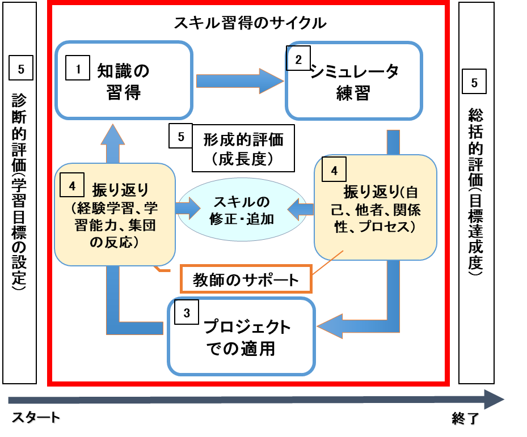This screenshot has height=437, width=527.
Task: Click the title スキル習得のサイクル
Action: [x=250, y=23]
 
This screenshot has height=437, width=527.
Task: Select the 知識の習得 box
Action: [x=124, y=80]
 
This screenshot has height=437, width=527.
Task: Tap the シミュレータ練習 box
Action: [x=354, y=80]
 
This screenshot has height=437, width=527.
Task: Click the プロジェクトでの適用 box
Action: [x=241, y=336]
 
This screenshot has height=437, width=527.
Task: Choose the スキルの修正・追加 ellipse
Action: [x=242, y=210]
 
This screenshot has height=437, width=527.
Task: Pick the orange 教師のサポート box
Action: [x=246, y=279]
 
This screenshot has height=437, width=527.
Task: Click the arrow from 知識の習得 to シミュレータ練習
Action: [x=240, y=81]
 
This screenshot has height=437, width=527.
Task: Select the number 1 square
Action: [x=78, y=68]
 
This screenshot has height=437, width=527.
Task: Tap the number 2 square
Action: [x=298, y=58]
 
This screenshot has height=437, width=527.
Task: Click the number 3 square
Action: [x=187, y=312]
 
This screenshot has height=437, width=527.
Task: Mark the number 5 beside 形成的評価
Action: [x=181, y=135]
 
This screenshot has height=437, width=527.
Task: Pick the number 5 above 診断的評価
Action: [x=21, y=68]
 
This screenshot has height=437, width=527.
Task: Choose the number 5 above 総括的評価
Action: [x=474, y=81]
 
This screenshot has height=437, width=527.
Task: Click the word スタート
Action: [x=36, y=418]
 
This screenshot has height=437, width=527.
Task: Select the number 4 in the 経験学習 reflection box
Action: [x=72, y=185]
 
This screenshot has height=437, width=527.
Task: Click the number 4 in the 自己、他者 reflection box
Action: [x=334, y=169]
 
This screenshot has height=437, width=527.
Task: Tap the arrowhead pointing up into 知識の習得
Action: [x=113, y=134]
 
